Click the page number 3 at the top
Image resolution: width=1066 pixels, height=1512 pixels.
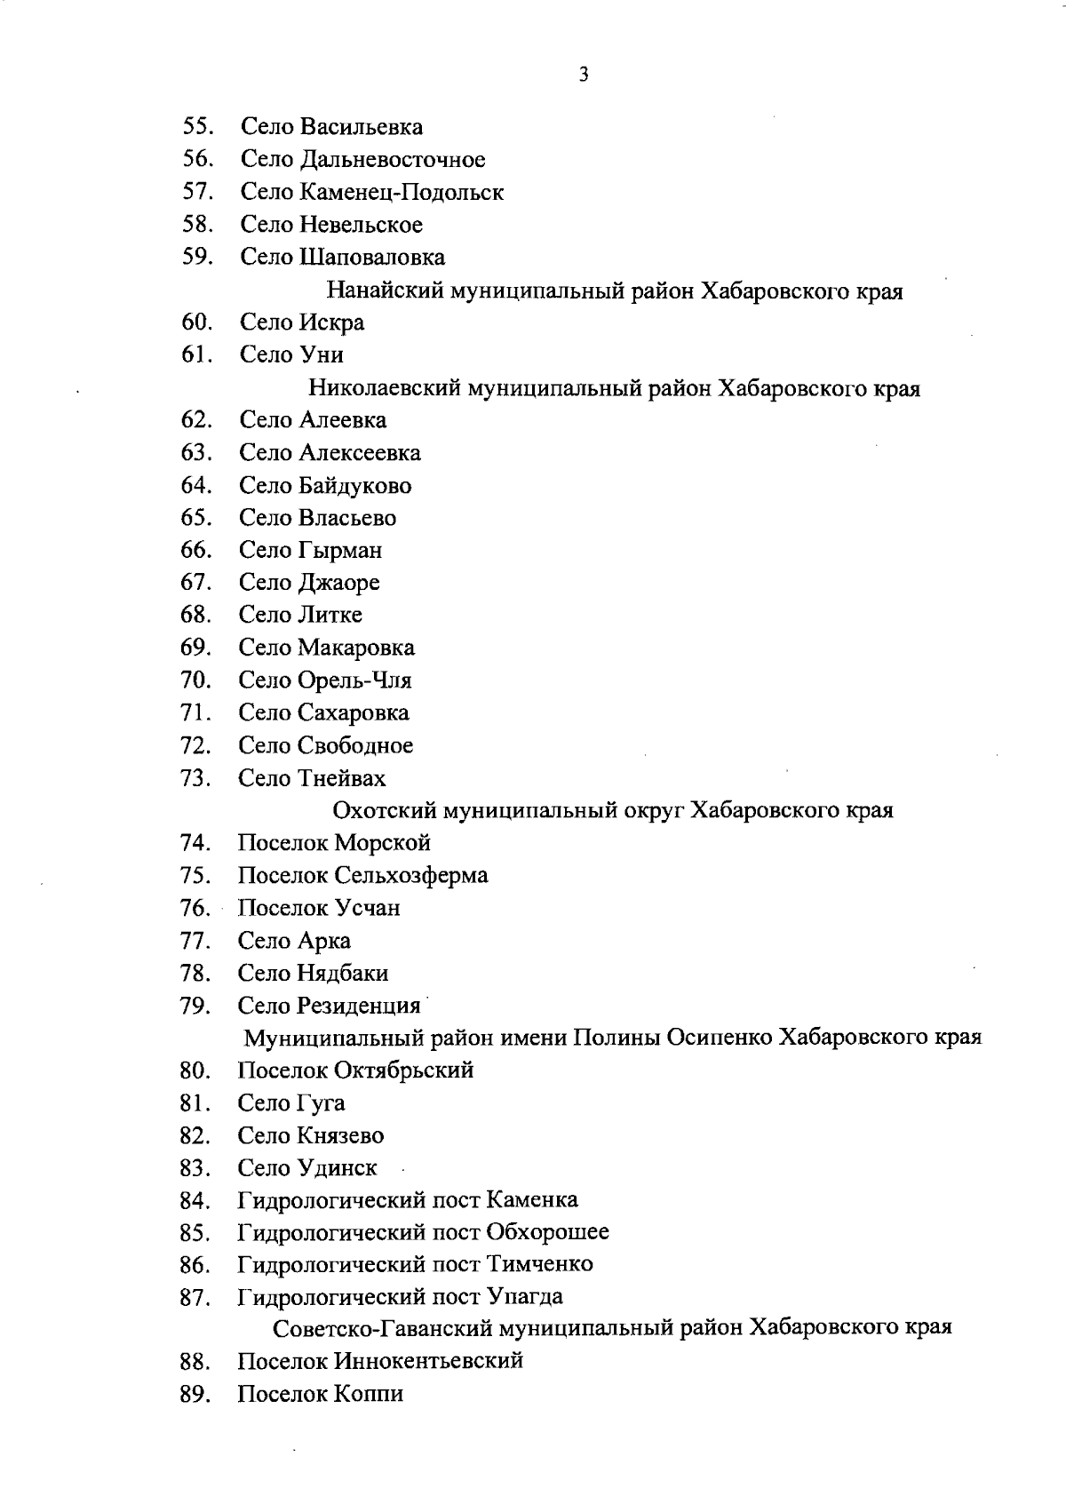tap(584, 75)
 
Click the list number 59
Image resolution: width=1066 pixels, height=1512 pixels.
tap(195, 257)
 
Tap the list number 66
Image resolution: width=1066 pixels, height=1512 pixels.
tap(195, 550)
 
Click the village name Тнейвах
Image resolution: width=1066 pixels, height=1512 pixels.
tap(342, 778)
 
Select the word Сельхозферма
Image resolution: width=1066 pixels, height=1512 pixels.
tap(410, 875)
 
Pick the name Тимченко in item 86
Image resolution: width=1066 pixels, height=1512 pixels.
tap(538, 1263)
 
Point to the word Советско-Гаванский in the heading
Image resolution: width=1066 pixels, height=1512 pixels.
tap(383, 1328)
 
